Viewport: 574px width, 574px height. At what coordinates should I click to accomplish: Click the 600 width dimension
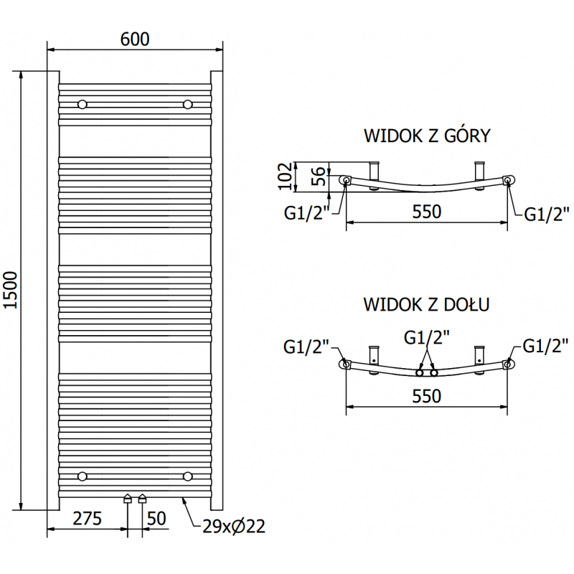coord(135,39)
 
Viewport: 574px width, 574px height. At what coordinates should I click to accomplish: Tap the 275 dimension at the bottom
coord(86,518)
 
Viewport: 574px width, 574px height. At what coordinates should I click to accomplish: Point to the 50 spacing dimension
coord(158,518)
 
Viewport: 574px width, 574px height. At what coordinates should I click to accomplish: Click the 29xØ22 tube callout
coord(233,527)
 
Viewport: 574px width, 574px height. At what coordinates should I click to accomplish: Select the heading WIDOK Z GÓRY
coord(427,136)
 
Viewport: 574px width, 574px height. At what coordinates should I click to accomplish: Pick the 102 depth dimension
coord(285,176)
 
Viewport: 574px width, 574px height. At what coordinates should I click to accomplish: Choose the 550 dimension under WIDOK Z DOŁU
coord(427,395)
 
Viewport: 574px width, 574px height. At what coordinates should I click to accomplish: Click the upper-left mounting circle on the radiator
coord(83,105)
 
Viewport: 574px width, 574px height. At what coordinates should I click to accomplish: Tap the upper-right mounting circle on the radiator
coord(188,105)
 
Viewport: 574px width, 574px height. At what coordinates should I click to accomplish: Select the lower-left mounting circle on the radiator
coord(83,476)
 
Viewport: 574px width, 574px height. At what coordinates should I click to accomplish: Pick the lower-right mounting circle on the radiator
coord(188,476)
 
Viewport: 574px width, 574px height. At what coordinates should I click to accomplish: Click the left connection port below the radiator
coord(128,498)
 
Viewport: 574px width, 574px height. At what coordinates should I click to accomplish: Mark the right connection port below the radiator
coord(142,498)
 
